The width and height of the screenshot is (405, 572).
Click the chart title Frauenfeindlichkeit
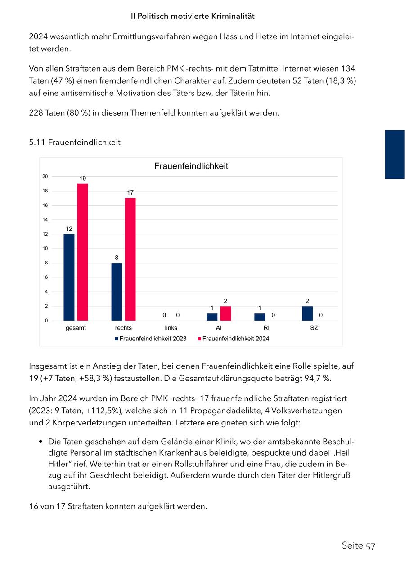[191, 166]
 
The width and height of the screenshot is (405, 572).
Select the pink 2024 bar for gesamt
[82, 252]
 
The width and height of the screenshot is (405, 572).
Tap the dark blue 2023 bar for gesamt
[69, 277]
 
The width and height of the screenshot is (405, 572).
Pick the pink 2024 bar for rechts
[130, 259]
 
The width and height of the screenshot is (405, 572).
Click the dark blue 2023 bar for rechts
[117, 291]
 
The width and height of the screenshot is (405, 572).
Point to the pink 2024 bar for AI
[225, 313]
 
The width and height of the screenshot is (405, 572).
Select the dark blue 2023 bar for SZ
[307, 313]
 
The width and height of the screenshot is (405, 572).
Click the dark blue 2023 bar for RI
[260, 317]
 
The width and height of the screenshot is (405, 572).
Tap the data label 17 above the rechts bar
[130, 192]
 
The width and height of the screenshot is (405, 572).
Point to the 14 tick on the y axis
[45, 220]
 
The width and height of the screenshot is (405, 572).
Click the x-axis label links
[171, 328]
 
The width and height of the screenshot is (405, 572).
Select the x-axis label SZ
[314, 328]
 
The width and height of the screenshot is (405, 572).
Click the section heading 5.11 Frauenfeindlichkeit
[75, 143]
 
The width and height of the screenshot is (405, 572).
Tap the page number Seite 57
[358, 546]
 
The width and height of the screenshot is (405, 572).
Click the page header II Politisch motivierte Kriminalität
[193, 17]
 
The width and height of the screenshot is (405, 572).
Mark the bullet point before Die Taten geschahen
[41, 442]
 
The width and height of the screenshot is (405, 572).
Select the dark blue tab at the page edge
[395, 154]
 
